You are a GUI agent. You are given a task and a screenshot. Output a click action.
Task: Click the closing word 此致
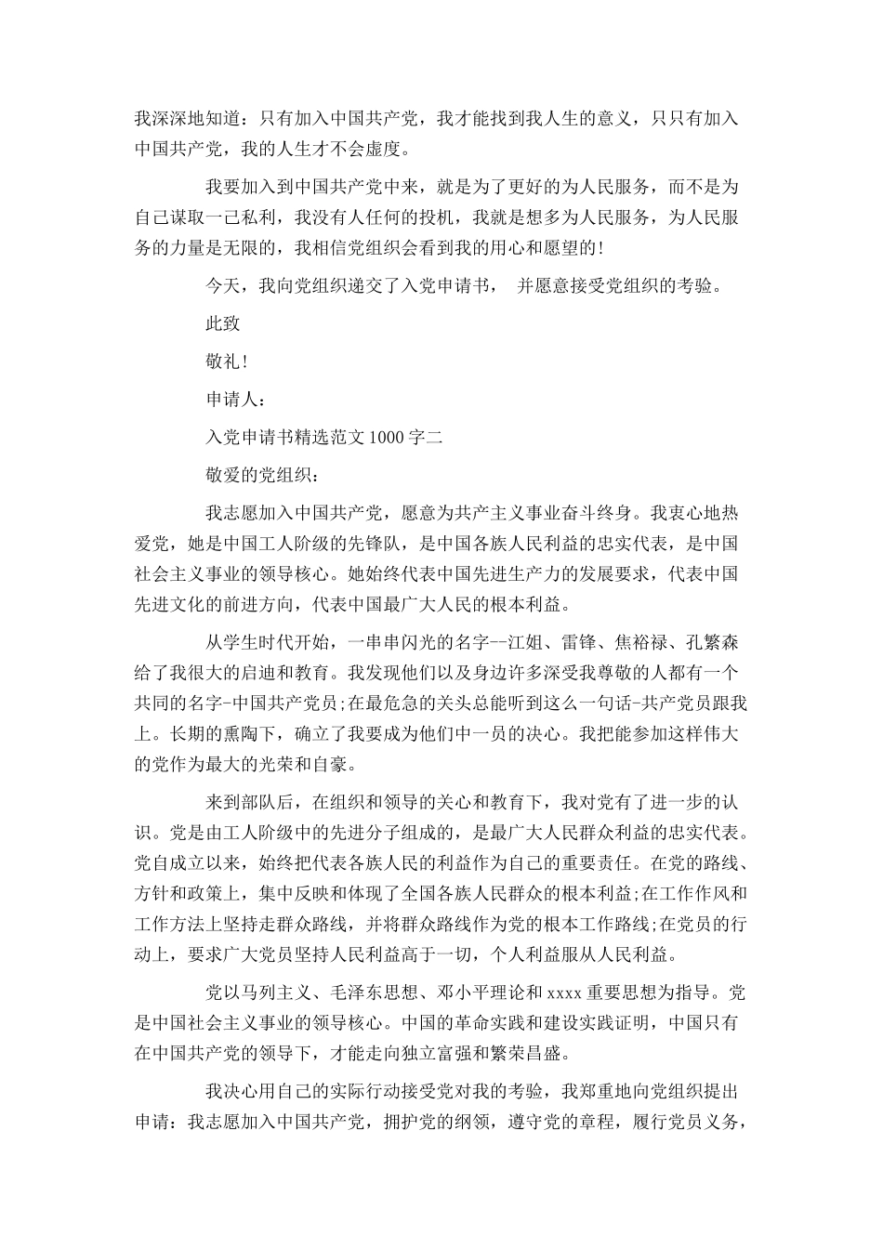223,323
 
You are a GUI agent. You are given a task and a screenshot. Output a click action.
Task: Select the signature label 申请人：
238,400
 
